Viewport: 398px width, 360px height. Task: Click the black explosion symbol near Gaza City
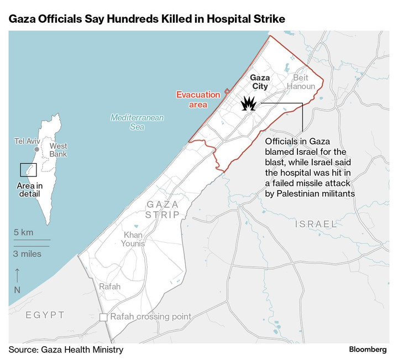tap(249, 103)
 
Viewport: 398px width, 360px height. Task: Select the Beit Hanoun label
tap(303, 82)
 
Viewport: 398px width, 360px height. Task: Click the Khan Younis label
tap(133, 239)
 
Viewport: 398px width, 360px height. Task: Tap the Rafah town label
tap(109, 286)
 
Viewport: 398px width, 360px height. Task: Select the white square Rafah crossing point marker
tap(103, 317)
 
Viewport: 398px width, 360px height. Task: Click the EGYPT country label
tap(45, 315)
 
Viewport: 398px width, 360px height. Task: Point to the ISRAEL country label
tap(316, 224)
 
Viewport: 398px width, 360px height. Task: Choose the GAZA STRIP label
tap(163, 210)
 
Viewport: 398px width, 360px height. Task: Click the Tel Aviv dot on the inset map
tap(36, 149)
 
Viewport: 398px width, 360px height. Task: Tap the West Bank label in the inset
tap(58, 150)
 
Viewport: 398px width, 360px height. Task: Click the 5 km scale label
tap(24, 232)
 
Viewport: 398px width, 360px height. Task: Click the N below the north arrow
tap(17, 289)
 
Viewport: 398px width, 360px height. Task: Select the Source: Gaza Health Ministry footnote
tap(66, 349)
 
